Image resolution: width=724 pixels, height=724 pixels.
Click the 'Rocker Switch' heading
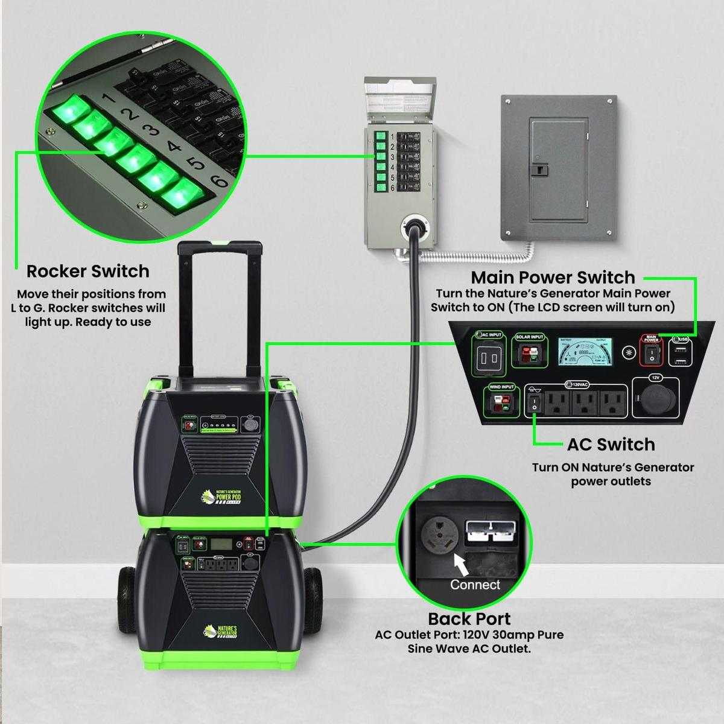pyautogui.click(x=88, y=271)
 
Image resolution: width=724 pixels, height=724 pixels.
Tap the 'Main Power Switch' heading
pyautogui.click(x=553, y=278)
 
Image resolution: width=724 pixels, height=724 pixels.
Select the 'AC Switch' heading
pyautogui.click(x=611, y=445)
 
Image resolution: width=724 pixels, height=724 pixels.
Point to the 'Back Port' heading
pyautogui.click(x=469, y=619)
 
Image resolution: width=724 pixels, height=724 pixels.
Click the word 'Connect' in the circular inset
pyautogui.click(x=475, y=585)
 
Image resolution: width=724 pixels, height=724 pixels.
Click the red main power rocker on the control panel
pyautogui.click(x=651, y=355)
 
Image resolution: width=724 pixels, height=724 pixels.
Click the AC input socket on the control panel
pyautogui.click(x=488, y=357)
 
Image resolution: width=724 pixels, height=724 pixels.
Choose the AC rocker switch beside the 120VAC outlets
pyautogui.click(x=533, y=403)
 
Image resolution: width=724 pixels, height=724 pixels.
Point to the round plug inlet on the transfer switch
pyautogui.click(x=414, y=227)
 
